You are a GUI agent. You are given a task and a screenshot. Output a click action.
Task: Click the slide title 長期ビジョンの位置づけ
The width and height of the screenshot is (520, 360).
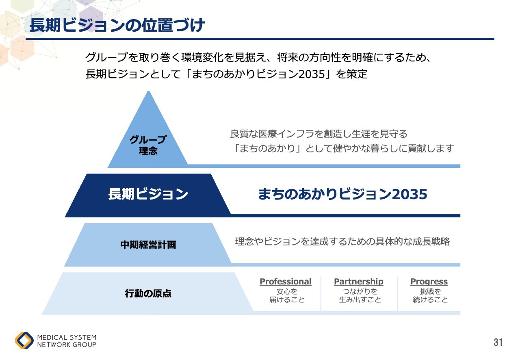tap(117, 25)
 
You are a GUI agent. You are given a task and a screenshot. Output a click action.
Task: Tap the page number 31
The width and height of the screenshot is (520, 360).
tap(498, 342)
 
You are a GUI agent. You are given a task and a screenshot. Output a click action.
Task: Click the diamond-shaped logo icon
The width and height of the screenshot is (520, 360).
tap(24, 340)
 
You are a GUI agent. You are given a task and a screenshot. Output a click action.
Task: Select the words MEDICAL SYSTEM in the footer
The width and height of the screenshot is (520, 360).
tap(67, 337)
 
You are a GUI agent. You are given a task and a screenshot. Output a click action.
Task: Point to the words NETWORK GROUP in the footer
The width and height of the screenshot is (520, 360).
tap(67, 345)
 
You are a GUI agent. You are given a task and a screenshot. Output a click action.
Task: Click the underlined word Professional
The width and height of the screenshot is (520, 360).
tap(286, 282)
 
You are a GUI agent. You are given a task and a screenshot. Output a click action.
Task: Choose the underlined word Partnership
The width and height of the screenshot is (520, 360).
tap(359, 282)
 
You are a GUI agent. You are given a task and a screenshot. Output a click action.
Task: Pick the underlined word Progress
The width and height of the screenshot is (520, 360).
tap(429, 282)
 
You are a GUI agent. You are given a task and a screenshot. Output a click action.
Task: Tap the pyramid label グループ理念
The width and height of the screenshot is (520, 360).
tap(148, 145)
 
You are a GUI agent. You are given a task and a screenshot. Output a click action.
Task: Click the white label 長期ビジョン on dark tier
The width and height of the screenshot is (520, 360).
tap(148, 194)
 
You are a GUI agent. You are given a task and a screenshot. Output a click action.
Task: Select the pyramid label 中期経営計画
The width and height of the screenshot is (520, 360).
tap(148, 245)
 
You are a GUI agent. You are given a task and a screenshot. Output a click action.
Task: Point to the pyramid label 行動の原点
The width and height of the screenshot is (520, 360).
tap(148, 294)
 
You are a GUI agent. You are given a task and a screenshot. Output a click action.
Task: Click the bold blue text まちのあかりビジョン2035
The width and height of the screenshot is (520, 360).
tap(342, 194)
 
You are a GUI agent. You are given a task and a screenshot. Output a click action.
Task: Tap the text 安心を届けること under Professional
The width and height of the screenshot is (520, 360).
tap(287, 295)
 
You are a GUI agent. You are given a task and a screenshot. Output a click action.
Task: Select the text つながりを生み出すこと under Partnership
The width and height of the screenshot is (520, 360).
tap(360, 295)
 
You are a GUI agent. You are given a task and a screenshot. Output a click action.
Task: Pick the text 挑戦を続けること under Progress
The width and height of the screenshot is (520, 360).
tap(430, 295)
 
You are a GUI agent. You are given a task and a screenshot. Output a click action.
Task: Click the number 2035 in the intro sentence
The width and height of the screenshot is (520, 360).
tap(312, 74)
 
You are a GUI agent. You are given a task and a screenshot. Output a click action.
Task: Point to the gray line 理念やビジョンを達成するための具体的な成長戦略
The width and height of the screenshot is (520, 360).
tap(342, 241)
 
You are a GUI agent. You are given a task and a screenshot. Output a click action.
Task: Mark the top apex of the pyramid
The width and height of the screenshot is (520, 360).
tap(149, 91)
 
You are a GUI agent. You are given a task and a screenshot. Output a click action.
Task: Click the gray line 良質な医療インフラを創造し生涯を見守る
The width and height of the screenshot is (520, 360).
tap(318, 134)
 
